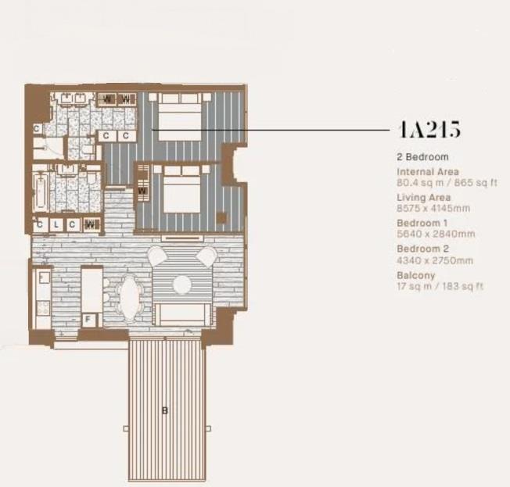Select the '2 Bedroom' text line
tap(422, 157)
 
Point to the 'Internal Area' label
tap(428, 171)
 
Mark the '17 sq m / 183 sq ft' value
tap(440, 286)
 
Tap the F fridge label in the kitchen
tap(88, 319)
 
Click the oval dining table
tap(129, 298)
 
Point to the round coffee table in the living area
tap(181, 281)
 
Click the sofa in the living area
tap(181, 314)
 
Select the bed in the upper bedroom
tap(181, 115)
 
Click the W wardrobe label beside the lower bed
tap(142, 190)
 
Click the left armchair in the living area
tap(157, 256)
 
